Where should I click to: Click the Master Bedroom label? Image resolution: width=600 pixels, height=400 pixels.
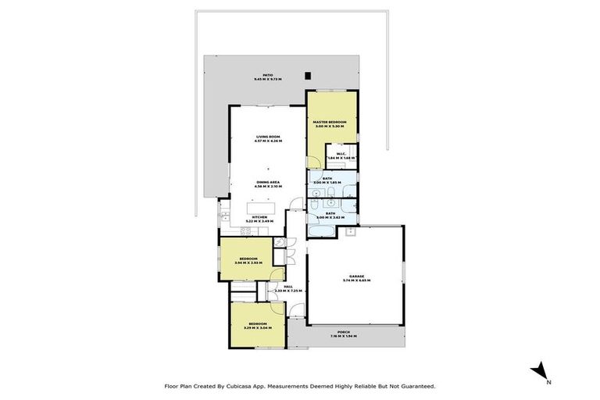pos(330,123)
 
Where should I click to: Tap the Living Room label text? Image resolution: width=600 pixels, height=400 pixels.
pos(268,137)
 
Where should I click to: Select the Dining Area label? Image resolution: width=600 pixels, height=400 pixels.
pos(268,183)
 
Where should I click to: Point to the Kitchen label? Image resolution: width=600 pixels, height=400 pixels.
pos(260,216)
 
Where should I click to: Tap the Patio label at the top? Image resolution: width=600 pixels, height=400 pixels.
pos(268,76)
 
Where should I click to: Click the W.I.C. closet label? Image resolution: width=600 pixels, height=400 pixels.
pos(346,154)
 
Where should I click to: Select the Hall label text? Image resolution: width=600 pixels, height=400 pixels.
pos(288,287)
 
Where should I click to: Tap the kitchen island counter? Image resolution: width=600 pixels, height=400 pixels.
pos(260,209)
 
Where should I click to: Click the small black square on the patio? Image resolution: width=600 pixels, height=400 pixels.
pos(309,76)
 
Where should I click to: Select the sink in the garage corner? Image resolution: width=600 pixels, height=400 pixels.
pos(352,232)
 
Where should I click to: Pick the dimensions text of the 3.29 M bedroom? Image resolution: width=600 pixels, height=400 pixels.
pos(258,327)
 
